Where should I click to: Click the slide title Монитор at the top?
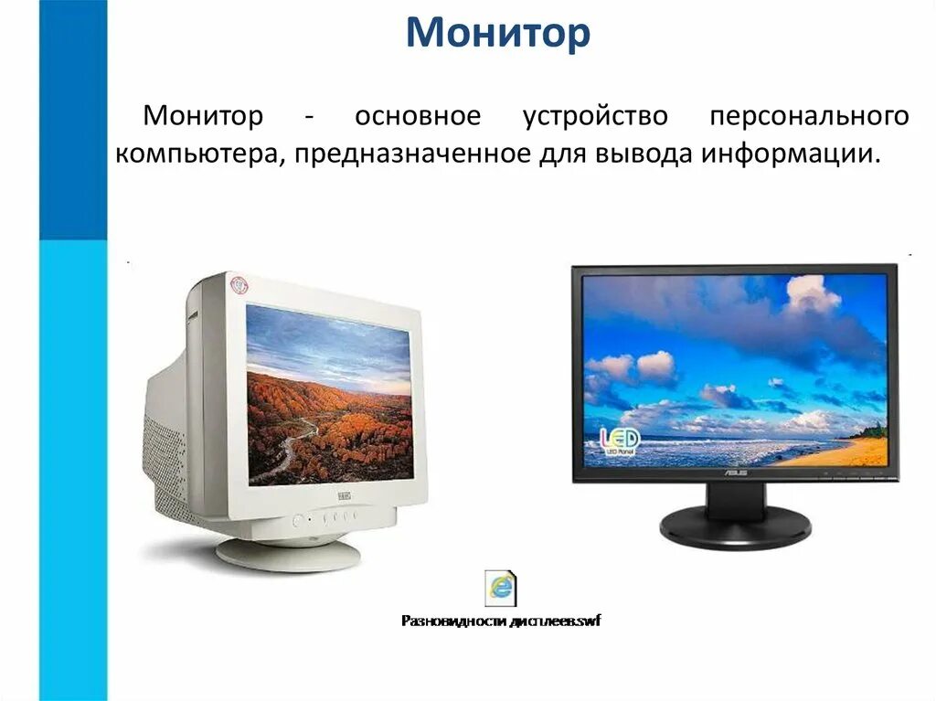498,34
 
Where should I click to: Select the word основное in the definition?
418,117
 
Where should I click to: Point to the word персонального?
809,117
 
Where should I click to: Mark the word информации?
792,154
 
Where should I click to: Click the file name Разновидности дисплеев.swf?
501,621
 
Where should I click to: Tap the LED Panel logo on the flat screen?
620,440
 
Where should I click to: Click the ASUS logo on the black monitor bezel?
735,473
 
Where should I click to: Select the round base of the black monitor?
735,527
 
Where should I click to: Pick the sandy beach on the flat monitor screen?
846,452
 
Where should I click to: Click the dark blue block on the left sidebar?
72,119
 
